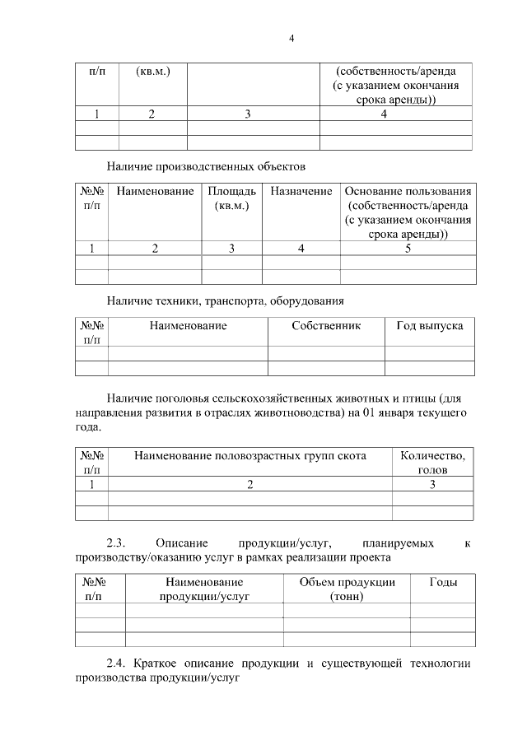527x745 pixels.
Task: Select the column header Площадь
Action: pos(231,198)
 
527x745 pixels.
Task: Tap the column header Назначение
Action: pos(301,191)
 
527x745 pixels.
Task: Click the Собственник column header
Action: pos(326,326)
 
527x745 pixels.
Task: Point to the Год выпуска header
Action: pos(429,326)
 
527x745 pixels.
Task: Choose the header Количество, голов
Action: pos(432,463)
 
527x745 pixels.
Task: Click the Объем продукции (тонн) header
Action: pos(347,589)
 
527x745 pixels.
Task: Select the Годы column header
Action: pos(443,582)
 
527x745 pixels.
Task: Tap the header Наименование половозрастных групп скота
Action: pos(250,455)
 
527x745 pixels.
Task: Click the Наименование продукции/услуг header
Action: pos(203,589)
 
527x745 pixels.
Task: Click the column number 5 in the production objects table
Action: pos(407,249)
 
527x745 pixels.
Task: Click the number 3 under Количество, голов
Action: pos(432,485)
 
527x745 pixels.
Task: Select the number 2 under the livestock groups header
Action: pos(250,485)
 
